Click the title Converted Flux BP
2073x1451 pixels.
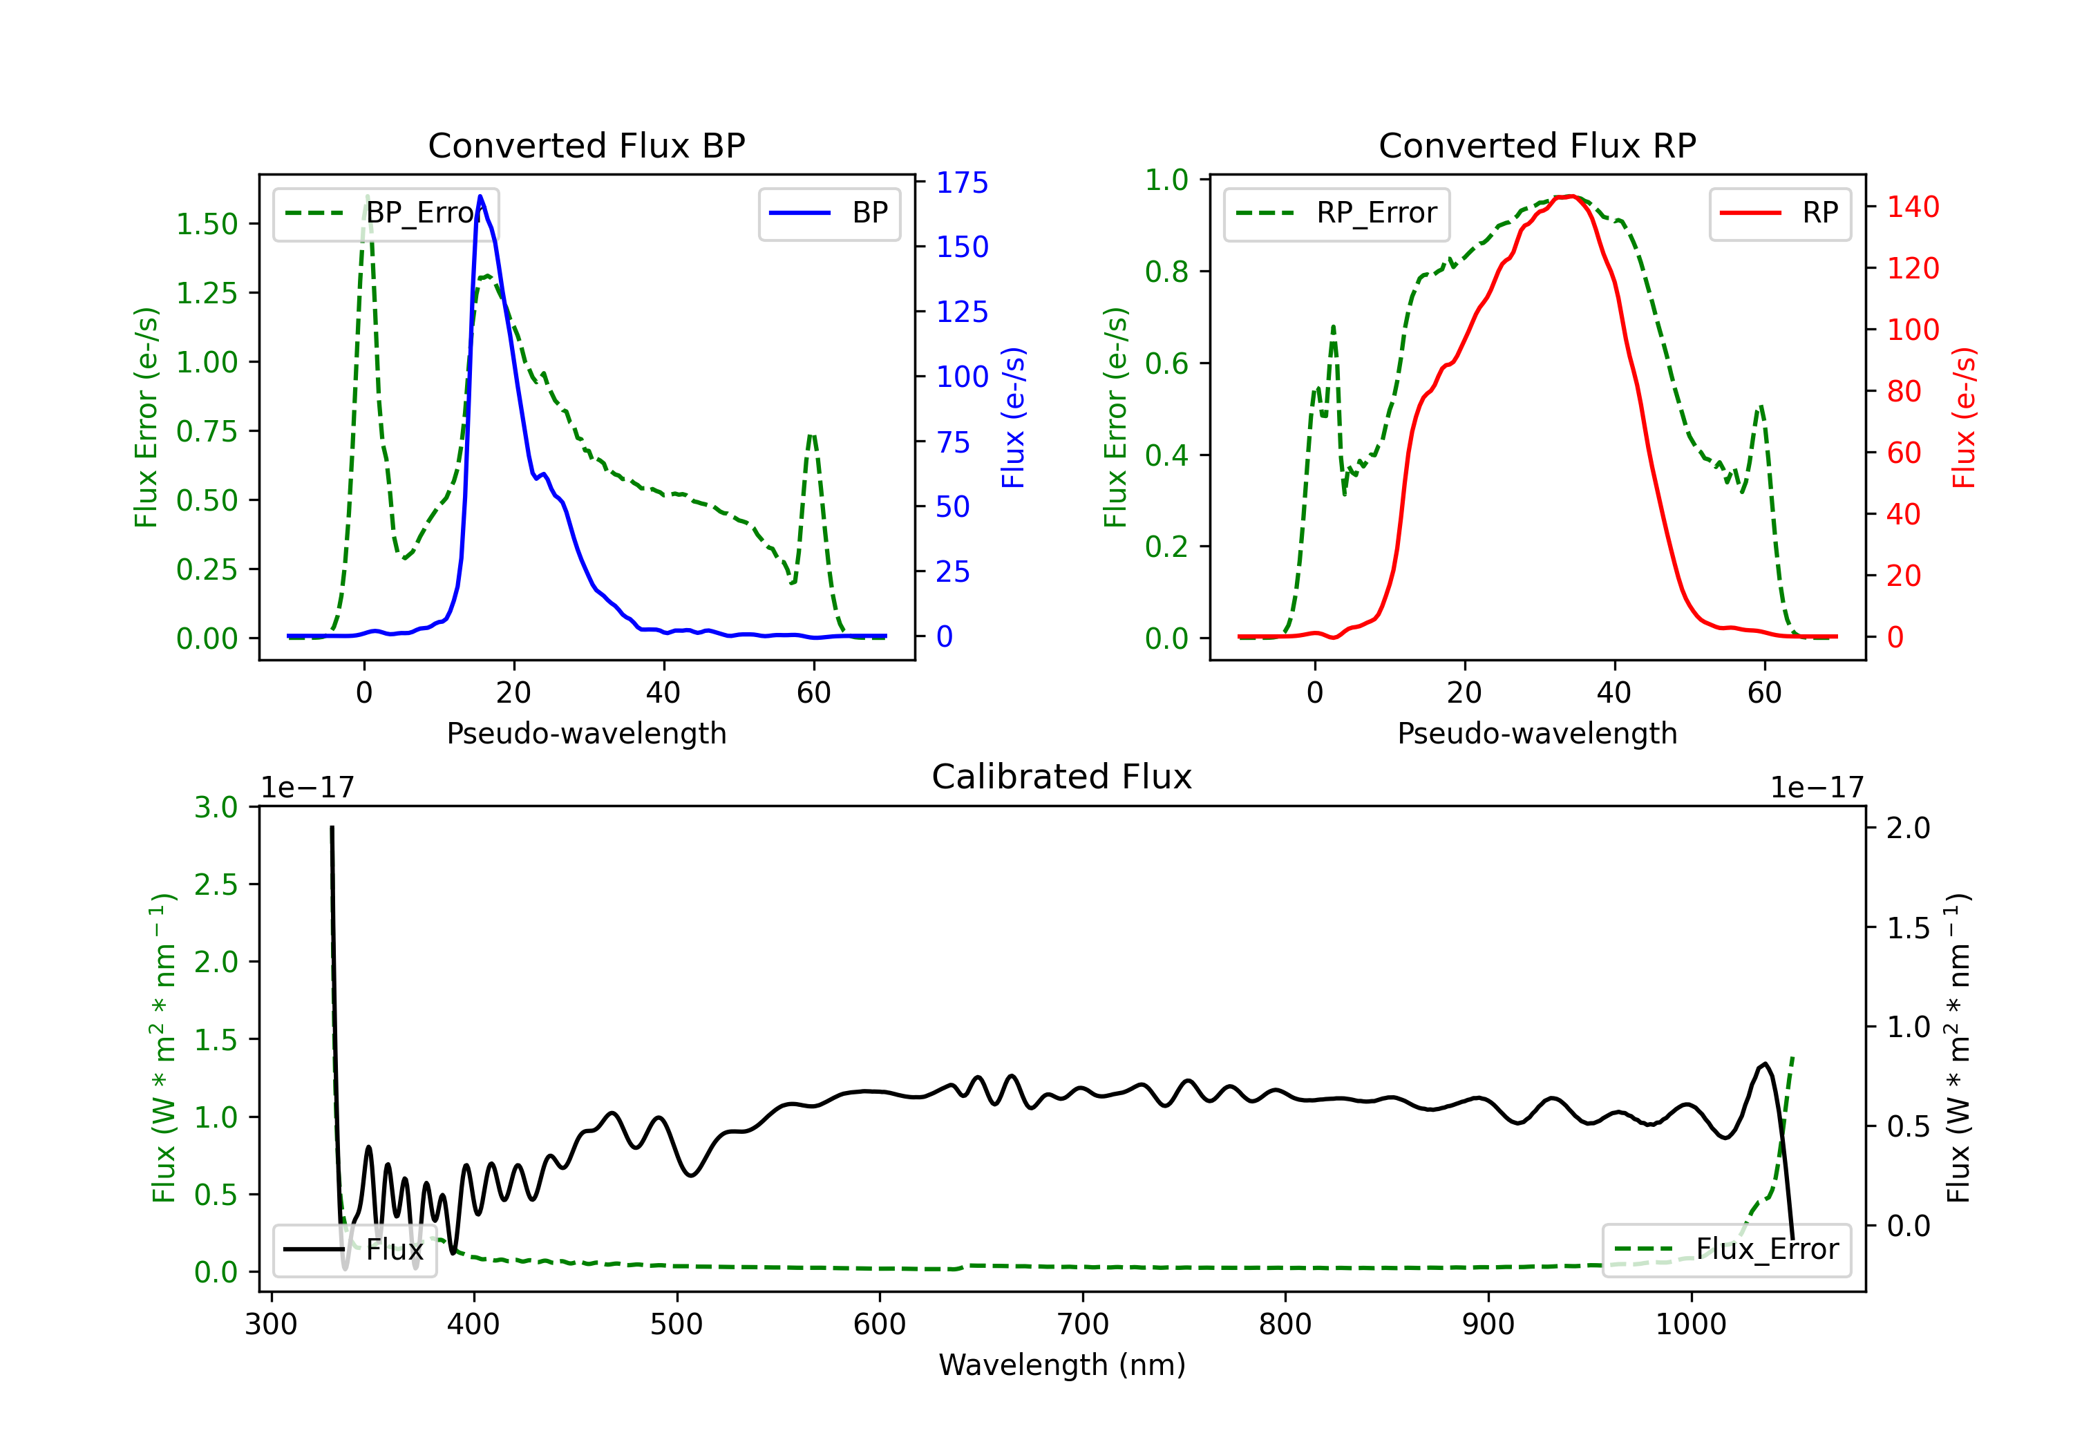(586, 145)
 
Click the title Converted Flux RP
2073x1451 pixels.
(1537, 145)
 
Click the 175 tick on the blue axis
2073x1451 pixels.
(962, 182)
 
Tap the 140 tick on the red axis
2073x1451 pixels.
(1912, 207)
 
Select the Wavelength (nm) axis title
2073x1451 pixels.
(1062, 1365)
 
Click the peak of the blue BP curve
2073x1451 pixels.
(480, 197)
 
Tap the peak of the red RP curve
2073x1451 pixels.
(1571, 196)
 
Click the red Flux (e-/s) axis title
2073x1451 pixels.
(1965, 417)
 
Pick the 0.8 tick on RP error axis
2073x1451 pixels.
(1166, 272)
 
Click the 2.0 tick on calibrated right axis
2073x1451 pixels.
(1908, 828)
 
